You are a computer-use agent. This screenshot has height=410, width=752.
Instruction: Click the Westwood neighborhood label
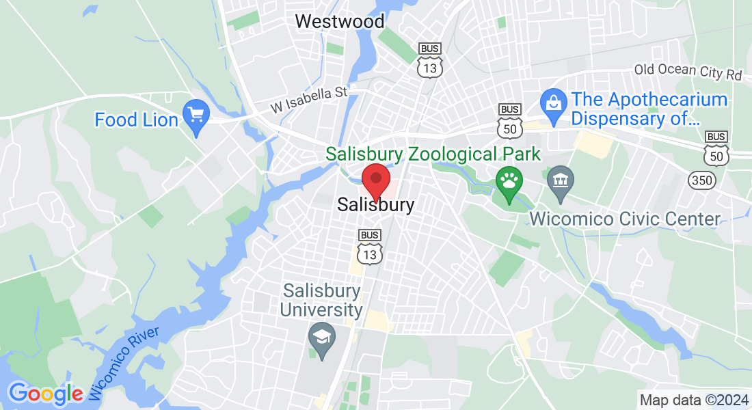click(x=339, y=21)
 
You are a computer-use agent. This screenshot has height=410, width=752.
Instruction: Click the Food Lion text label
click(x=136, y=120)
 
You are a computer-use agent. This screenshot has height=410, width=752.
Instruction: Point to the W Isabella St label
click(x=310, y=99)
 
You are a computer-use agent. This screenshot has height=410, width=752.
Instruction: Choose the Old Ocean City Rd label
click(x=688, y=72)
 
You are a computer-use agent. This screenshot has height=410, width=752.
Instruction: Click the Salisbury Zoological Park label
click(x=433, y=154)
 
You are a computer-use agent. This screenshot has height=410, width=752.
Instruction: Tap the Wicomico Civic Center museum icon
click(x=561, y=181)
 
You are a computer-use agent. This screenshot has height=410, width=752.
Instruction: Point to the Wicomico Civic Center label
click(x=626, y=219)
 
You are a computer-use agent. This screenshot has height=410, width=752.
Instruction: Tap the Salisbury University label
click(x=321, y=300)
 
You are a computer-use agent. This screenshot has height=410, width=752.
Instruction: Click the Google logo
click(x=45, y=393)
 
